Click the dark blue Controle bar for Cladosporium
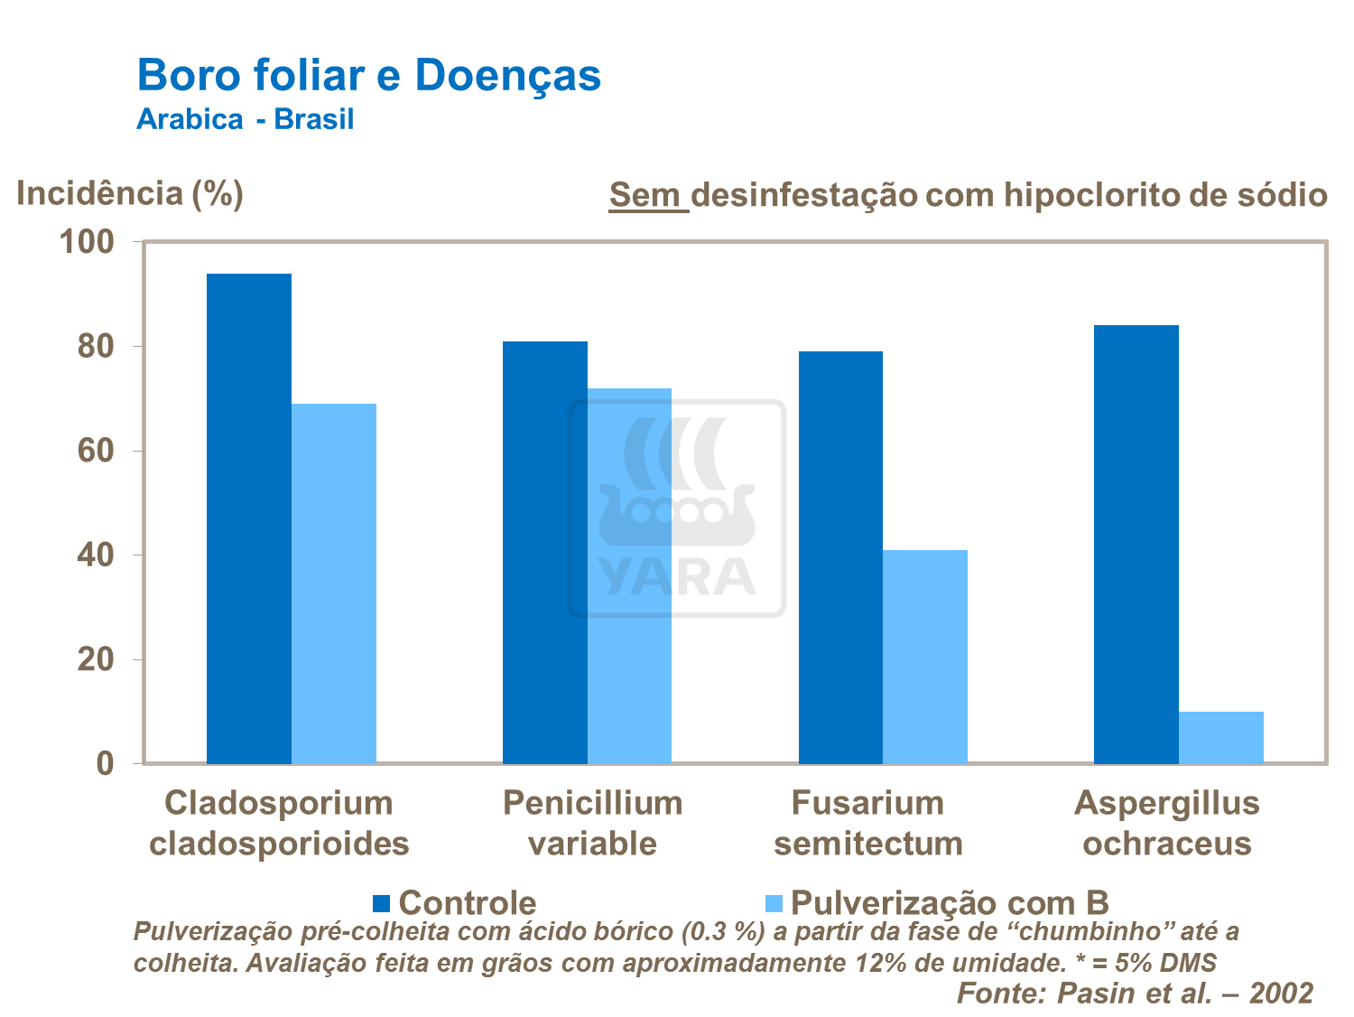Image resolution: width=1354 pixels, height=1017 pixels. coord(249,518)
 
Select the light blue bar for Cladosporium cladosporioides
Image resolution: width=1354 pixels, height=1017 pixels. coord(334,583)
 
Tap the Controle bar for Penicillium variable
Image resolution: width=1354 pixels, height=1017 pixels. coord(544,552)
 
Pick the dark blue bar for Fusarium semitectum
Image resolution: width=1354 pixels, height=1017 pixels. coord(840,557)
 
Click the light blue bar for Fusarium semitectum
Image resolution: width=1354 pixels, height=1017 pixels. coord(925,657)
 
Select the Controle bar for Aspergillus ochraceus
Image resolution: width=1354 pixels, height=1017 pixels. coord(1136,544)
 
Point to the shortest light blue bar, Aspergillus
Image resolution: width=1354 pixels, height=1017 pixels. coord(1220,738)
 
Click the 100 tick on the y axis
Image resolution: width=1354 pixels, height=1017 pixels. coord(87,242)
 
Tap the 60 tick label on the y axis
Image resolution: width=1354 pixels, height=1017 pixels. coord(96,451)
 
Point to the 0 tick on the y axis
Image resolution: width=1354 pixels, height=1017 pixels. coord(106,764)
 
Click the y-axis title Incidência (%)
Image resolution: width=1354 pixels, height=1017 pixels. coord(130,193)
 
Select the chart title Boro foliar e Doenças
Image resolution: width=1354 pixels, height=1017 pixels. coord(368,75)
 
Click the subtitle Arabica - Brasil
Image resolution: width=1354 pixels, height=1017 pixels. coord(245,119)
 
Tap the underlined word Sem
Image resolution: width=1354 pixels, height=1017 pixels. coord(647,194)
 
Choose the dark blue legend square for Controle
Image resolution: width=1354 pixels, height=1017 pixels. coord(381,903)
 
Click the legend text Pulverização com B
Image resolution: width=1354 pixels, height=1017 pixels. coord(949,902)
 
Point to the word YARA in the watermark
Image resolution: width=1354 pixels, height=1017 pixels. coord(677,578)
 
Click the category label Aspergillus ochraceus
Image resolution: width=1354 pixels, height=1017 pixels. coord(1166,823)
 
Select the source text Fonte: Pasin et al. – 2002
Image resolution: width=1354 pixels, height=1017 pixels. coord(1135,993)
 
